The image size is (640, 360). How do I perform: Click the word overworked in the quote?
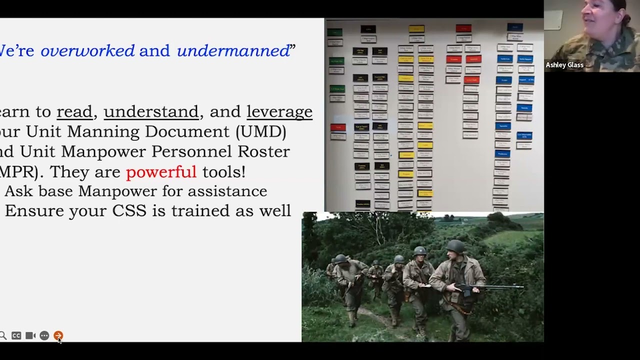tap(87, 50)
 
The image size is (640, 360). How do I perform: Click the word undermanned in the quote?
tap(233, 50)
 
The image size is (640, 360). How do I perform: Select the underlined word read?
tap(74, 111)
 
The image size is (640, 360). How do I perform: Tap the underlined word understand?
tap(151, 111)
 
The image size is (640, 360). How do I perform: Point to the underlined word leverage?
tap(279, 111)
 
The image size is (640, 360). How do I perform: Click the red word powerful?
tap(161, 171)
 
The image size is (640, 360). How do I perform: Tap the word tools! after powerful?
tap(223, 171)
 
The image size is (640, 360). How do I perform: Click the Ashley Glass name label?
tap(564, 65)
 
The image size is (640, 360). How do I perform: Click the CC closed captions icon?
tap(16, 335)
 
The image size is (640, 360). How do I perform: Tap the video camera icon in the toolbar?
tap(30, 335)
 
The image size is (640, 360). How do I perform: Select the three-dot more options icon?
tap(44, 335)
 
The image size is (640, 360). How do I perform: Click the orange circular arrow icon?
tap(58, 335)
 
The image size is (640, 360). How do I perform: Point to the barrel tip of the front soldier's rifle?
tap(521, 287)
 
